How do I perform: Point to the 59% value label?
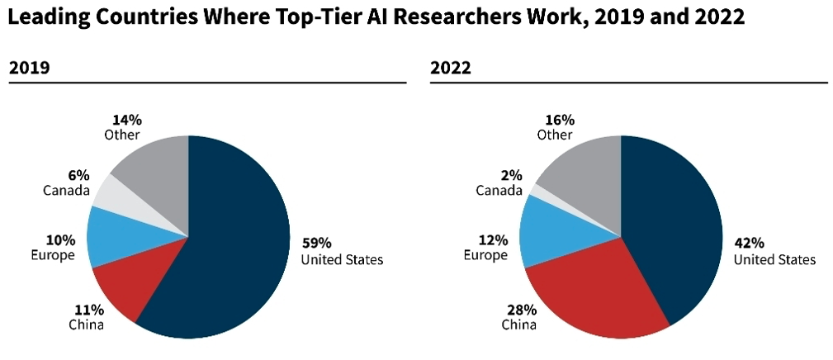pos(317,244)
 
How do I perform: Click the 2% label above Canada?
pos(511,175)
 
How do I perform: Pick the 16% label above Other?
pos(560,119)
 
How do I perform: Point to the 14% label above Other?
pos(126,119)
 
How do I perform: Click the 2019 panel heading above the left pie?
pos(30,69)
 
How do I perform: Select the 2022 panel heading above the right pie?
pos(451,69)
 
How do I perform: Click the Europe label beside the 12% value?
pos(485,255)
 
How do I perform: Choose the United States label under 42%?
pos(774,259)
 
